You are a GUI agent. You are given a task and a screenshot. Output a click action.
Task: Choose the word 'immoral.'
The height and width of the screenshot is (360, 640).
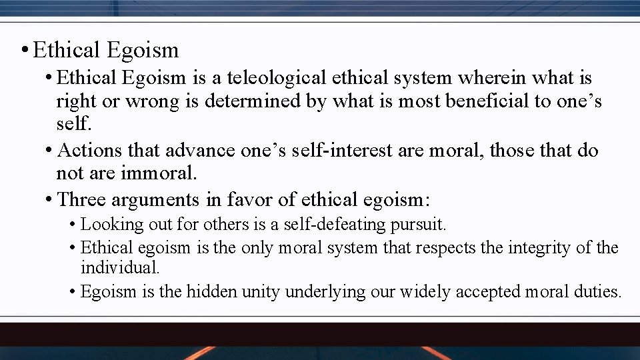[x=159, y=174]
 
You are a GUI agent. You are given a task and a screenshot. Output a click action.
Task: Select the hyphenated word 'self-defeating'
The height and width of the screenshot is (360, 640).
[x=338, y=225]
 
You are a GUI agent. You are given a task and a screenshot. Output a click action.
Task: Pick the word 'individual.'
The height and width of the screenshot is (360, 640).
[x=120, y=268]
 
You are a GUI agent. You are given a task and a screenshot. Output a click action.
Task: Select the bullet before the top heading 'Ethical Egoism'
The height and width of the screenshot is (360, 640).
[x=24, y=50]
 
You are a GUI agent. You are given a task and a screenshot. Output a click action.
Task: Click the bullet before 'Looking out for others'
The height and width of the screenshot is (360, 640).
[x=72, y=225]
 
